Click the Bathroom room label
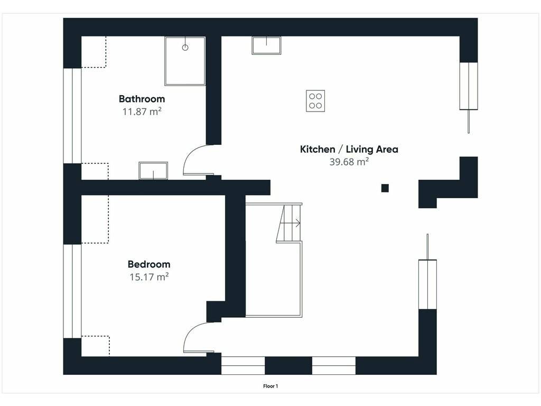point(142,99)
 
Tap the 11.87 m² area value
point(142,112)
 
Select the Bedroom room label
point(149,264)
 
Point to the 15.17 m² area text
point(149,277)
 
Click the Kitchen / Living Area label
point(349,150)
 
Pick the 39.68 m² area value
point(349,162)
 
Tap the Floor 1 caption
point(270,386)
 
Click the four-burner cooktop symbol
point(315,101)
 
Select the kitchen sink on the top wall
point(266,45)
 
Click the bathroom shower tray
point(185,61)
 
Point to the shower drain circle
point(185,48)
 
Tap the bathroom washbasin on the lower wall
point(153,171)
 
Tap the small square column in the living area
point(385,188)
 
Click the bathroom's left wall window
point(72,116)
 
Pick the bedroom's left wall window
point(72,291)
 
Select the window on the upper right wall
point(469,86)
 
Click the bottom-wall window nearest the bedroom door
point(243,366)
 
